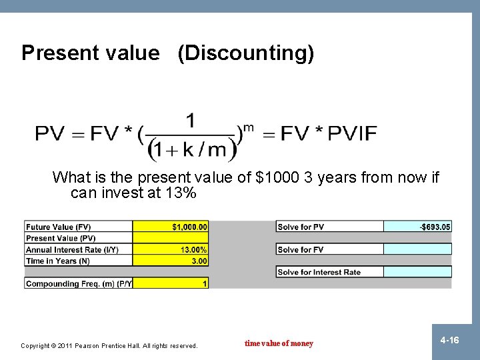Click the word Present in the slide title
[x=56, y=53]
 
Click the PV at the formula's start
[x=51, y=134]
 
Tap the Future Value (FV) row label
[x=59, y=227]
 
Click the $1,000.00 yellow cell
[x=171, y=227]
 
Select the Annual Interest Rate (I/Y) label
[x=68, y=250]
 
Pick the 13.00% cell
[x=171, y=250]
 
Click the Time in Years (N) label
[x=58, y=261]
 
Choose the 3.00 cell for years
[x=171, y=261]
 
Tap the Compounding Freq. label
[x=79, y=284]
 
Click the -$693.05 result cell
[x=418, y=227]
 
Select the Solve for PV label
[x=301, y=227]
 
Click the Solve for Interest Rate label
[x=319, y=272]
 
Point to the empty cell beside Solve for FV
[x=418, y=249]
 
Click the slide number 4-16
[x=450, y=341]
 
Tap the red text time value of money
[x=279, y=344]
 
